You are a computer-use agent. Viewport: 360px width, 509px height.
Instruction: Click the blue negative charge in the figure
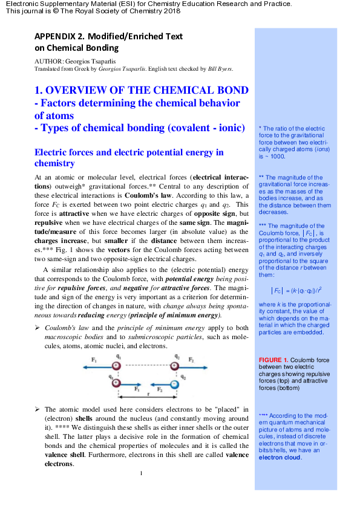click(174, 384)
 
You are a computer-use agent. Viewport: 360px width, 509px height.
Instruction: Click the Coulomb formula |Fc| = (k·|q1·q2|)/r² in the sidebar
click(295, 290)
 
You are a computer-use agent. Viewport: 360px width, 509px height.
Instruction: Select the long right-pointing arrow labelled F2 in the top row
click(193, 366)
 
